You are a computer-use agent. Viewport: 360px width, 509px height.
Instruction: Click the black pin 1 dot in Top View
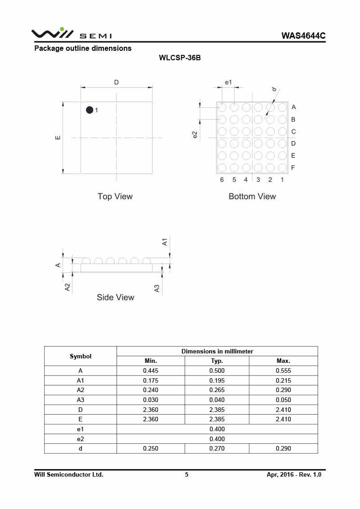click(x=90, y=110)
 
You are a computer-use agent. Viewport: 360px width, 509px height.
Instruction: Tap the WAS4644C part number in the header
click(x=303, y=36)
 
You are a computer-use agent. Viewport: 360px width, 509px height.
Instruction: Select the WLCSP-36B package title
click(x=180, y=58)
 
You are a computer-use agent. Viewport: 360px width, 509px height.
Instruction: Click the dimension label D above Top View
click(x=116, y=82)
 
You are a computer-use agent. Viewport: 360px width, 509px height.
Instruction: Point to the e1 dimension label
click(x=228, y=82)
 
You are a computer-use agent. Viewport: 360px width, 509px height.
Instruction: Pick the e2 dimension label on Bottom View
click(x=195, y=135)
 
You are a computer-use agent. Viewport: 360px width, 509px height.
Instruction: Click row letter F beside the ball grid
click(x=293, y=168)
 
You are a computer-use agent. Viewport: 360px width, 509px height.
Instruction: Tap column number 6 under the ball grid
click(x=222, y=180)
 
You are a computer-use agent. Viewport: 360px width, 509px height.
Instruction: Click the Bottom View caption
click(x=252, y=196)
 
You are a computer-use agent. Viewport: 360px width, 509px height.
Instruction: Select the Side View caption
click(x=115, y=297)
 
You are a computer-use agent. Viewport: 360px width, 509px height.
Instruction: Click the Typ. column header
click(x=217, y=361)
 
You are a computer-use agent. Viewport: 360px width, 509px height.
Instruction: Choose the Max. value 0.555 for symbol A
click(x=283, y=371)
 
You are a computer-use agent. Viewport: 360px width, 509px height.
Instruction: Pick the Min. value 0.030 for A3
click(x=150, y=400)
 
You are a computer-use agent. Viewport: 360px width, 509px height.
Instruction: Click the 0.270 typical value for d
click(x=217, y=448)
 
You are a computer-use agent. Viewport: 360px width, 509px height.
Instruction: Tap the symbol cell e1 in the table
click(x=81, y=429)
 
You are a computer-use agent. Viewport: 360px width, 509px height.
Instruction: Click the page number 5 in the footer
click(x=187, y=474)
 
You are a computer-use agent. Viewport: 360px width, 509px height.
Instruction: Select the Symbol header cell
click(x=81, y=356)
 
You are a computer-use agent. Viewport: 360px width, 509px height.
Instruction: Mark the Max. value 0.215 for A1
click(x=283, y=380)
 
